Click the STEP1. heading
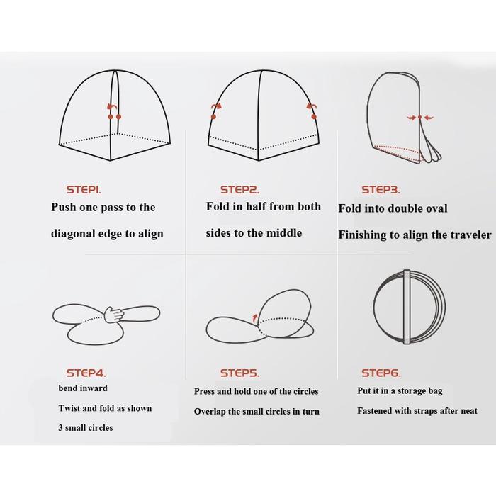tap(84, 190)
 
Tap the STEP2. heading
tap(239, 190)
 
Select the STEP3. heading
tap(381, 190)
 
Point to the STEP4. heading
tap(86, 373)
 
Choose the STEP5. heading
tap(239, 373)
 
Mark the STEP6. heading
tap(381, 373)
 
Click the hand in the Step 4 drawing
tap(114, 315)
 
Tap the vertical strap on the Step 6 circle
tap(407, 307)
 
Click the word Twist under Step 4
tap(68, 408)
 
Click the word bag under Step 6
tap(435, 391)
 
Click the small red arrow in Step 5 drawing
tap(254, 319)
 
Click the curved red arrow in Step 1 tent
tap(111, 107)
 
